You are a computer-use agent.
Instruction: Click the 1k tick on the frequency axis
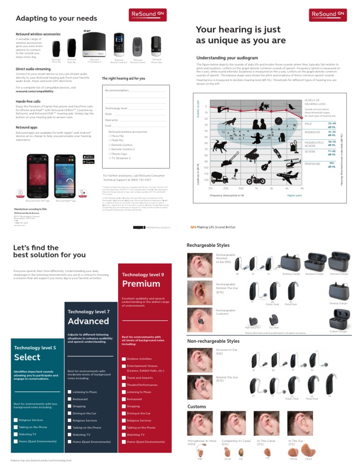(256, 188)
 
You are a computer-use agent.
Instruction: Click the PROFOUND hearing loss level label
(313, 164)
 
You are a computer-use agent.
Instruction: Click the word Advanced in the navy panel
(89, 321)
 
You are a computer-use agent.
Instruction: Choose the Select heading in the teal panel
(27, 357)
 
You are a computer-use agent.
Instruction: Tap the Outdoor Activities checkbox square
(124, 359)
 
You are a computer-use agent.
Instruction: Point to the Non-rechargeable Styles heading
(213, 341)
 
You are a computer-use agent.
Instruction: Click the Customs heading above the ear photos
(196, 406)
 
